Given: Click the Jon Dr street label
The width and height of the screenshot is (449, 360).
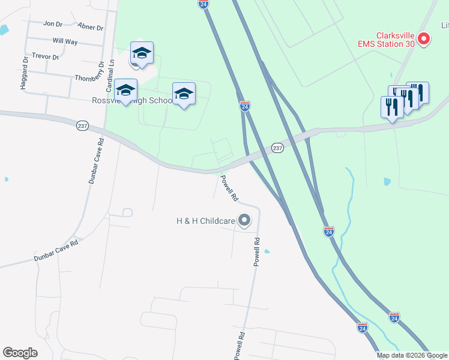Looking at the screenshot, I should tap(53, 24).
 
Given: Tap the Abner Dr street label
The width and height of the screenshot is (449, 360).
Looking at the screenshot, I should tap(91, 27).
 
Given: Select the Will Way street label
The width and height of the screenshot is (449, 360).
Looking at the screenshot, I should tap(65, 41).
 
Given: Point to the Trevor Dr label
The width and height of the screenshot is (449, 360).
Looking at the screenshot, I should tap(45, 56).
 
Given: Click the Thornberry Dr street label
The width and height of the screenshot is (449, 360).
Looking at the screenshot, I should tap(88, 77).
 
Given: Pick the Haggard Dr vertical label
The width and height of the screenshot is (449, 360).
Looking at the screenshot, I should tap(23, 74).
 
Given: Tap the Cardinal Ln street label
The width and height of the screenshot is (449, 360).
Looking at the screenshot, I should tap(110, 76).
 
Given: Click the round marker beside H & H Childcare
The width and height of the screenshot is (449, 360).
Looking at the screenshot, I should tap(244, 221).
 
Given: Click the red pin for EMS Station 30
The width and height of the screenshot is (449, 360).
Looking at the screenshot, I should tap(424, 40).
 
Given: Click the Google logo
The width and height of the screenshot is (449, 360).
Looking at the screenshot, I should tap(20, 353).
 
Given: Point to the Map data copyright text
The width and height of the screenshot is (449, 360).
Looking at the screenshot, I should tap(411, 355).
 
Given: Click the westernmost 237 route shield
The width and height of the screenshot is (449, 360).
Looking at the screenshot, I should tap(83, 125).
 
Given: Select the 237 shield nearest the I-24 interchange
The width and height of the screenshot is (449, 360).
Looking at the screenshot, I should tap(277, 148).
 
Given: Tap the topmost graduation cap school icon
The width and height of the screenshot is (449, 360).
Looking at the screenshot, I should tap(142, 53).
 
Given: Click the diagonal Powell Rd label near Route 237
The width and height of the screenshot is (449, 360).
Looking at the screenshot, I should tap(229, 187).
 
